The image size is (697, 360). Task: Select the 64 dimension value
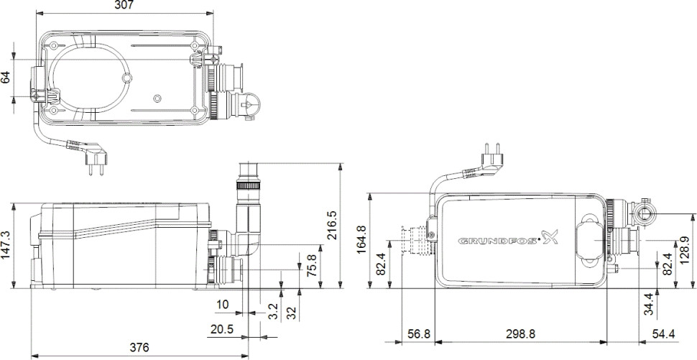[x=6, y=77]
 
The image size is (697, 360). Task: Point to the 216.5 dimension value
[x=351, y=224]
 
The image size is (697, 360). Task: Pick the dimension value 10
[x=223, y=305]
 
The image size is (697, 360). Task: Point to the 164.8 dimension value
[x=361, y=239]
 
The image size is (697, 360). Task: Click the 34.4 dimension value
[x=648, y=303]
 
